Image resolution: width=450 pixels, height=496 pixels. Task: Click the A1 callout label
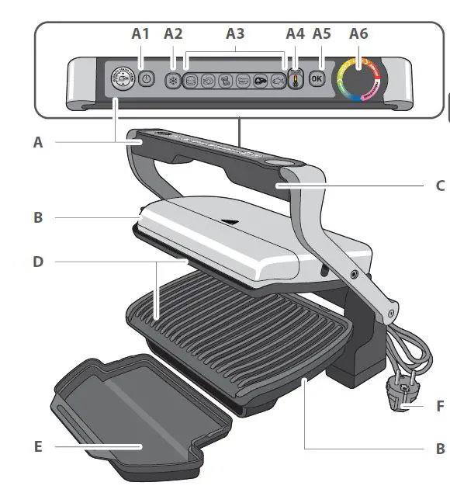point(140,33)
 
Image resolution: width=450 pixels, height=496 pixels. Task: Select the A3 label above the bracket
point(234,33)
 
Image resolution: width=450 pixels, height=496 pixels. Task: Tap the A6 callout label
point(358,33)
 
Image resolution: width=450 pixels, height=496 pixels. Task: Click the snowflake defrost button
point(172,79)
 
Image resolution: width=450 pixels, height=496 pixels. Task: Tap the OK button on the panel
point(316,78)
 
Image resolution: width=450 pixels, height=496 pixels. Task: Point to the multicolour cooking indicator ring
point(359,79)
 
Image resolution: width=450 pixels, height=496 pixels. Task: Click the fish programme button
point(276,79)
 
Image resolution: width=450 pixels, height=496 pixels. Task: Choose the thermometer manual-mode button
point(295,80)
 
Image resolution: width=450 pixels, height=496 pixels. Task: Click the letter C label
point(440,186)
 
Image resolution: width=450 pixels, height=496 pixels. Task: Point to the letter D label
point(38,262)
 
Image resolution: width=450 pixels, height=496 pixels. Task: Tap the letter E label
point(38,446)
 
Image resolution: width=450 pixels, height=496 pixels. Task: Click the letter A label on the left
point(38,142)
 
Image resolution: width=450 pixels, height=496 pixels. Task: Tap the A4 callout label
point(295,33)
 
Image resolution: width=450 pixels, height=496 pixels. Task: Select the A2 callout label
point(173,33)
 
